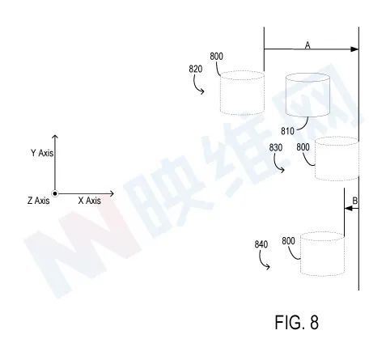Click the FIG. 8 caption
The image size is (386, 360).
pos(296,322)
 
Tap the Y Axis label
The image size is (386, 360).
pos(42,153)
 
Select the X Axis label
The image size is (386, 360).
pos(90,201)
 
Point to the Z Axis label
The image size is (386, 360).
pos(38,201)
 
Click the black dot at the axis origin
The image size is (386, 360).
pos(55,193)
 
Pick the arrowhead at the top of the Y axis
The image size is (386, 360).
pos(55,137)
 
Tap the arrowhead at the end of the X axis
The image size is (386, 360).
pos(112,193)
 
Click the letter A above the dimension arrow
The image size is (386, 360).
pos(308,45)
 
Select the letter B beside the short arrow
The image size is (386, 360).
pos(355,201)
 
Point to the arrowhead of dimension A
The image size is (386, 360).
pos(354,49)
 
